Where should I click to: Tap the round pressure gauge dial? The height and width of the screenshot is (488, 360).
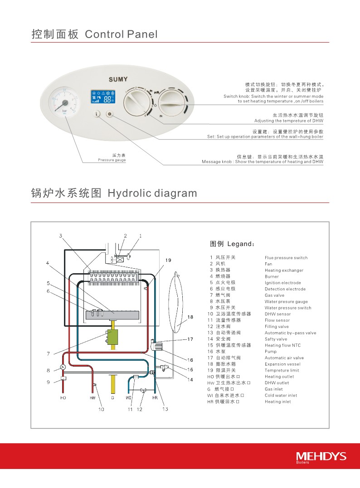point(65,103)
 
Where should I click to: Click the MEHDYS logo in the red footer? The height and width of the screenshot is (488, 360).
point(321,456)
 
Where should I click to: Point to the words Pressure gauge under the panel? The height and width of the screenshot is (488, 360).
point(112,160)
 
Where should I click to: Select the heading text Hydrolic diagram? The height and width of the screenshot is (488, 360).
point(152,193)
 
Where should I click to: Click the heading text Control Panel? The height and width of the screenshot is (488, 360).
point(121,34)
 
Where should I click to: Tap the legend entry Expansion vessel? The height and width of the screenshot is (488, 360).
point(282,364)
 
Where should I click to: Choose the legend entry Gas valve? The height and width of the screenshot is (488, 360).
point(274,295)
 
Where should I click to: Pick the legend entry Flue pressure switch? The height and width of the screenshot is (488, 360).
point(286,258)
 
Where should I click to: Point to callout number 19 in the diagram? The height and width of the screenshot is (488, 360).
point(168,260)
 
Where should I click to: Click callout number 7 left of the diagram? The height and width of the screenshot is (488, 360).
point(48,353)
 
